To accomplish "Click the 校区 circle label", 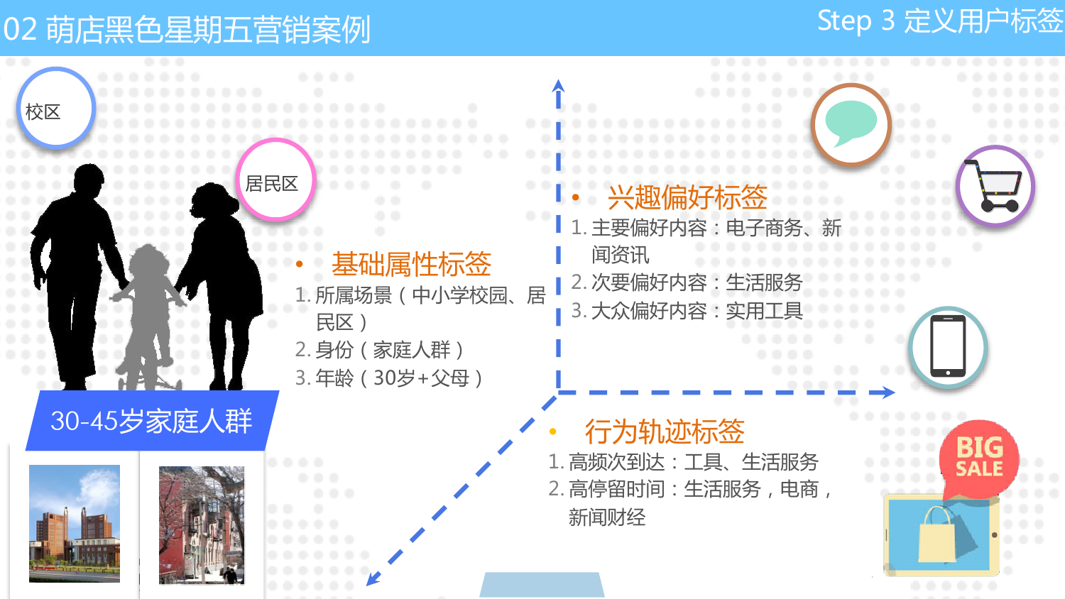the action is point(56,109).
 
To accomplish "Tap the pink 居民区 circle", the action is point(275,180).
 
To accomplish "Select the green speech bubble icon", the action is point(851,123).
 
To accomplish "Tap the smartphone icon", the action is point(948,346).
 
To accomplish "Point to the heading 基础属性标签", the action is point(411,264).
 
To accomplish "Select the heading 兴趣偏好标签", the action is point(687,197).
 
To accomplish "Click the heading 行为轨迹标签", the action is point(665,432).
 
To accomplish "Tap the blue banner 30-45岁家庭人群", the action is point(152,421).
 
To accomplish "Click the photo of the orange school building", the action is point(75,523).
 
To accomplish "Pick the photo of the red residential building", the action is point(202,525).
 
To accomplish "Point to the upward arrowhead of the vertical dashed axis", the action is point(558,86).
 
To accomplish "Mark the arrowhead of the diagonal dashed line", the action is point(373,578).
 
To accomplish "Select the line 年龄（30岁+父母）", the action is point(389,378).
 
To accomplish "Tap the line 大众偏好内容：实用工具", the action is point(687,311).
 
